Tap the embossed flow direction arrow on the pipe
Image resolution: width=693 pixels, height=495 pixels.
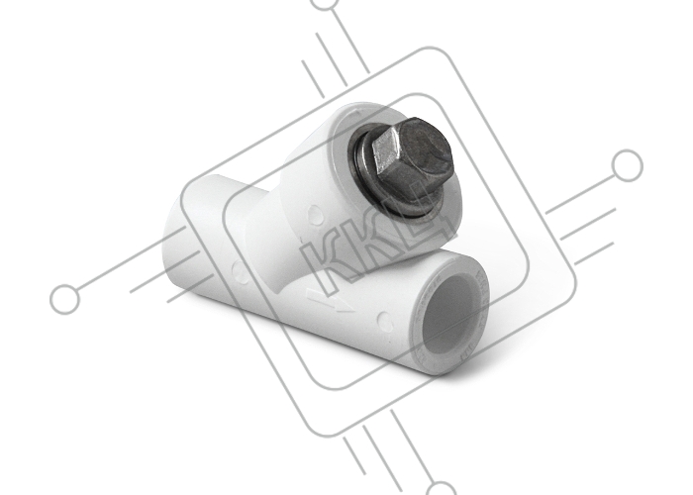tap(331, 301)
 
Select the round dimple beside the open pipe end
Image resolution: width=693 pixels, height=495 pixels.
tap(384, 322)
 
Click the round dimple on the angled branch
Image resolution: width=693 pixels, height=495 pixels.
tap(316, 215)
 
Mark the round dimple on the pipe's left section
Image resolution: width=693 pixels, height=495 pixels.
tap(238, 271)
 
